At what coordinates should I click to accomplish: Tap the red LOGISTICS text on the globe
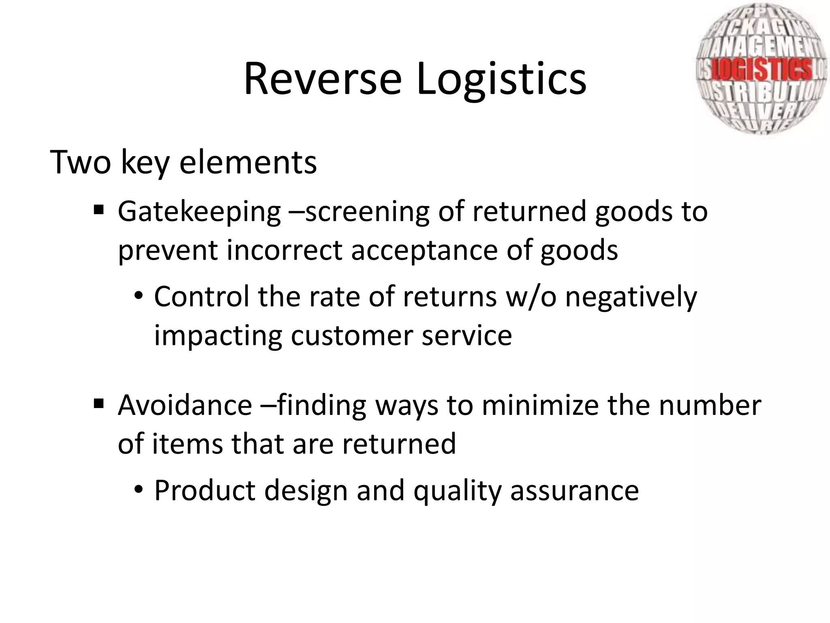tap(762, 69)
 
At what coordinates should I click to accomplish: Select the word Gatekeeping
tap(199, 212)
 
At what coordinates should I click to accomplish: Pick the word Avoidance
tap(184, 405)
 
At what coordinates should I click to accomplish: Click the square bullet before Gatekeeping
tap(98, 211)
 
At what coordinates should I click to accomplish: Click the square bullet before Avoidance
tap(98, 404)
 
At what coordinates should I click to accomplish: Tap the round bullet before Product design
tap(139, 490)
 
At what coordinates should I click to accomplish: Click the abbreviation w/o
tap(531, 296)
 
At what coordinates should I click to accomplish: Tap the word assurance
tap(575, 491)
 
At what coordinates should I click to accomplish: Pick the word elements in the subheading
tap(248, 163)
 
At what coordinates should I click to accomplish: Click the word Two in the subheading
tap(80, 163)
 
